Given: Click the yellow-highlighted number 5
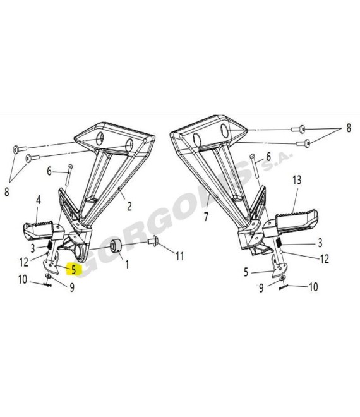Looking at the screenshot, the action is click(74, 270).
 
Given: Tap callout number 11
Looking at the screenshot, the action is click(180, 256).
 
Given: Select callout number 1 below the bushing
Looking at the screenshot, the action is click(127, 264).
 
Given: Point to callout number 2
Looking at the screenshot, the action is click(129, 207).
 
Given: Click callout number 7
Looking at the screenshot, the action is click(207, 217).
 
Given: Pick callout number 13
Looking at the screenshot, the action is click(297, 180).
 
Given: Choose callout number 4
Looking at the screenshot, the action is click(39, 200).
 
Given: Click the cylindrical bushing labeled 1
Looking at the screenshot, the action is click(116, 246).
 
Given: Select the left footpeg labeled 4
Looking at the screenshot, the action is click(44, 230).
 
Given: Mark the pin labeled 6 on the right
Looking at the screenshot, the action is click(255, 166).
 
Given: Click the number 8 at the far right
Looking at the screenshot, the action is click(349, 128).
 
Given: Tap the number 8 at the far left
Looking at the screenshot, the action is click(7, 191).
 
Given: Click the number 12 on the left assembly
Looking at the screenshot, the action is click(24, 262).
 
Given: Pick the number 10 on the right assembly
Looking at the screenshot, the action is click(313, 287).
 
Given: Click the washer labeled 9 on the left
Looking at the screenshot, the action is click(48, 276).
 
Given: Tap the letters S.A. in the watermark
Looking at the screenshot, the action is click(278, 161).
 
